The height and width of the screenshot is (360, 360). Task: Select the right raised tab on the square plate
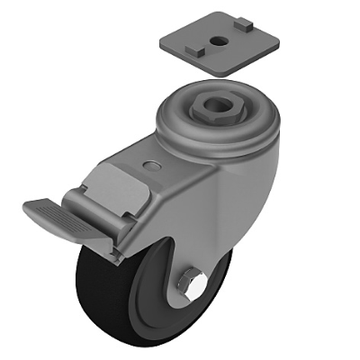(x=243, y=28)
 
